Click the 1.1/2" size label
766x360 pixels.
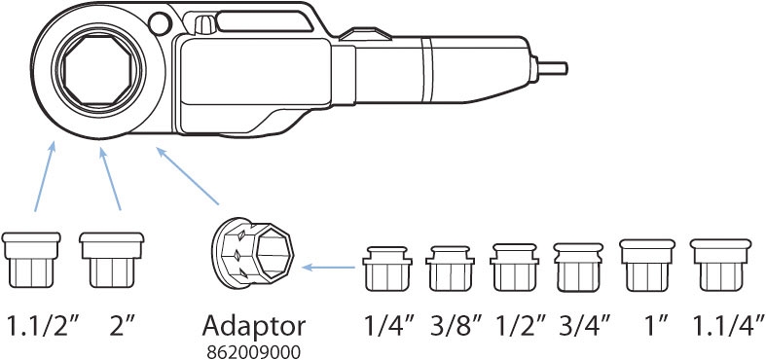[42, 325]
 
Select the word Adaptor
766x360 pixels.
[253, 326]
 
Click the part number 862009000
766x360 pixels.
[253, 352]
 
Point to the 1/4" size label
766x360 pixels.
[389, 325]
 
